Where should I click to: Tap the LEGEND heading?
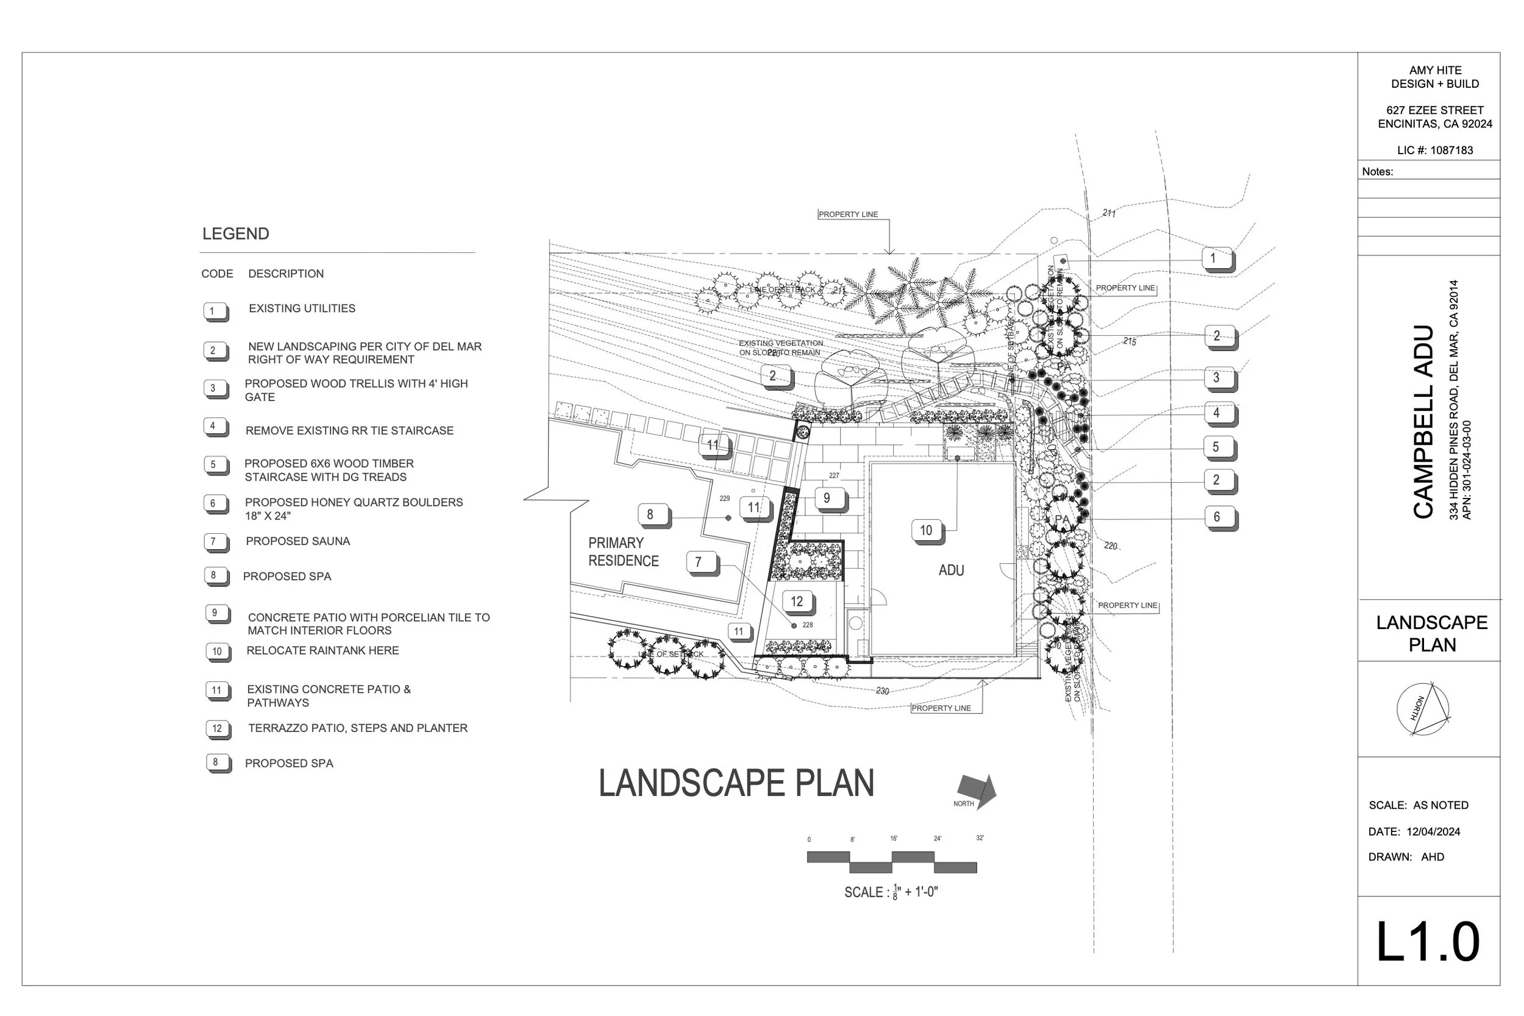coord(235,234)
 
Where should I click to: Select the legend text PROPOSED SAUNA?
coord(297,541)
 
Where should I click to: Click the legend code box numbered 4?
coord(213,427)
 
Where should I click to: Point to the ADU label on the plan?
coord(951,570)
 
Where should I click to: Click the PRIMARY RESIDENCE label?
coord(622,552)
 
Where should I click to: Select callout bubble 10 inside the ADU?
coord(926,530)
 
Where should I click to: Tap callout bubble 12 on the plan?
coord(797,602)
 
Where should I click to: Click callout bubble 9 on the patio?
coord(826,499)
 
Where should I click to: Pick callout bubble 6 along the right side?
coord(1217,516)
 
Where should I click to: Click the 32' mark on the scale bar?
coord(980,838)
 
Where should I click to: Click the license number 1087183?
coord(1451,151)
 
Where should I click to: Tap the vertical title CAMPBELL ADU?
coord(1423,421)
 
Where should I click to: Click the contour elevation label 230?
coord(882,691)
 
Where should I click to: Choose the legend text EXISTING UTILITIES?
coord(302,308)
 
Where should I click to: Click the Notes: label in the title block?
coord(1378,172)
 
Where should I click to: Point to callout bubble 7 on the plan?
coord(699,562)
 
